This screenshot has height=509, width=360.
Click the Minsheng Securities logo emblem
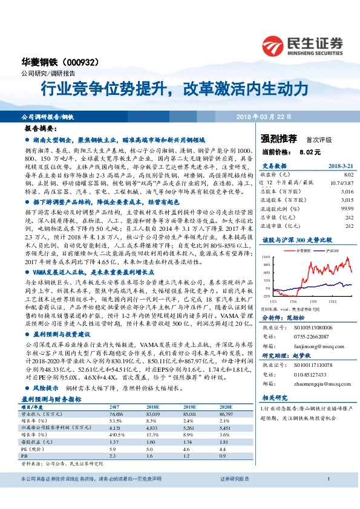pyautogui.click(x=276, y=44)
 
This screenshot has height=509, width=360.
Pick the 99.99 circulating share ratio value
pyautogui.click(x=345, y=208)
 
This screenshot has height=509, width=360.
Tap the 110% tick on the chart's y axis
pyautogui.click(x=267, y=239)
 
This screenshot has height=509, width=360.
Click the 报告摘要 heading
pyautogui.click(x=41, y=129)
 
